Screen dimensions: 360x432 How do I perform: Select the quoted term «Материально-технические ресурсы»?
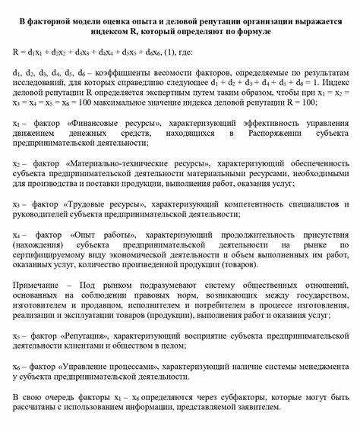(140, 162)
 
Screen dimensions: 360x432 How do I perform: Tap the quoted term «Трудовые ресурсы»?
(110, 204)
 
